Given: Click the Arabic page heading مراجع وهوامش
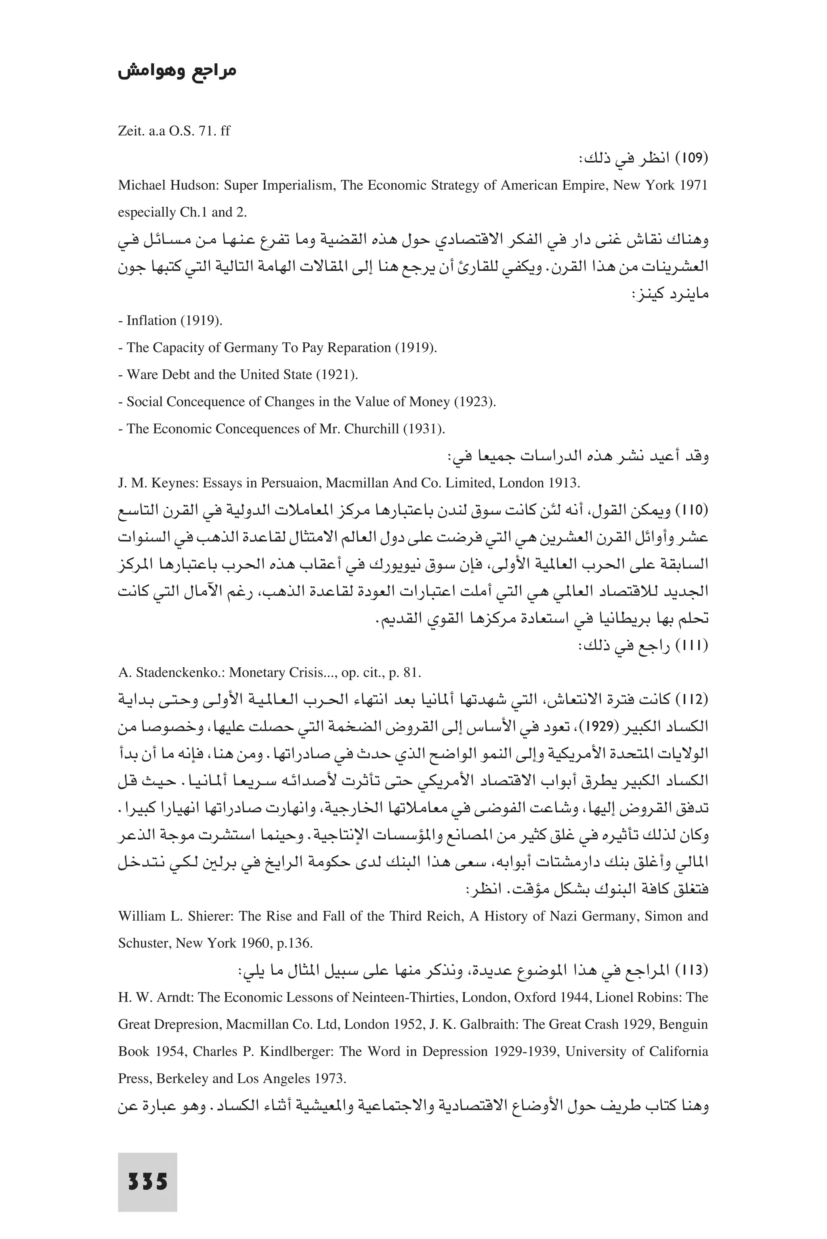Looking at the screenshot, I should click(177, 72).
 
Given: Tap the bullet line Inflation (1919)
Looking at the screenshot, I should click(170, 321).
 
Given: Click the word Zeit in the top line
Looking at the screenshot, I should click(129, 131).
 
